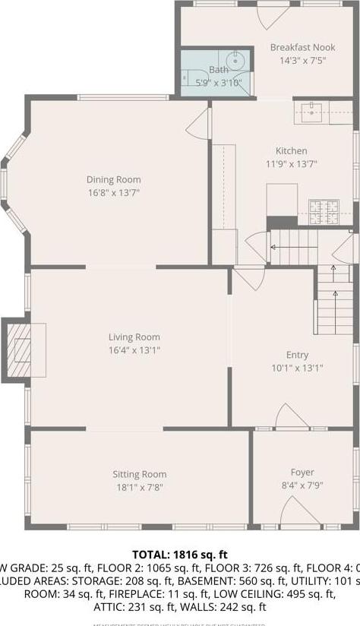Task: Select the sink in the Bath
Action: pos(232,62)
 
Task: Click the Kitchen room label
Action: pos(292,151)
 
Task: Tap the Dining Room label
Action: pos(113,180)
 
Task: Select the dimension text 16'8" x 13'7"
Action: pos(113,192)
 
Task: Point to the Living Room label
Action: pos(134,337)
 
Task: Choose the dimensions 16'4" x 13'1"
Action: pos(134,350)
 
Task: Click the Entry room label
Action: pos(297,355)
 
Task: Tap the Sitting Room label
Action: pos(139,475)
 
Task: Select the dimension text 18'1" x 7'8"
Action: pos(139,488)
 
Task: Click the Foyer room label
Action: pos(302,473)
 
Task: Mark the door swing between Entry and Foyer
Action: pos(291,417)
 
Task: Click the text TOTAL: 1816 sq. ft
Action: pos(180,555)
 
